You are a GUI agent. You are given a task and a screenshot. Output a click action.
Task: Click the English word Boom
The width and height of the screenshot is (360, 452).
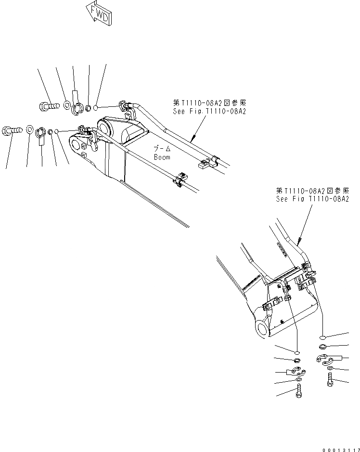tap(162, 157)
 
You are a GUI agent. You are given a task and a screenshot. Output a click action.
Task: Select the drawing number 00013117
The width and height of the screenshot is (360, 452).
tap(339, 448)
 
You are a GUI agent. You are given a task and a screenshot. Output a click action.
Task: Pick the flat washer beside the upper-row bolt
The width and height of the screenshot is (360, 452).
tap(67, 104)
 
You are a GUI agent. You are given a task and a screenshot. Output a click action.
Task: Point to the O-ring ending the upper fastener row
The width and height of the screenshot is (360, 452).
tap(97, 107)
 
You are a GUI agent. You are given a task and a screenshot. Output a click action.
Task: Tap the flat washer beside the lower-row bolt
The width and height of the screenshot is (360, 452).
tap(29, 129)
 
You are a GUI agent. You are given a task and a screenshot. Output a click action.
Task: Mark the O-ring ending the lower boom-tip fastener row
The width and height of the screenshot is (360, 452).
tap(57, 131)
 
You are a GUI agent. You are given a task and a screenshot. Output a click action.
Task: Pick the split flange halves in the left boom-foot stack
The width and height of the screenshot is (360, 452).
tap(296, 371)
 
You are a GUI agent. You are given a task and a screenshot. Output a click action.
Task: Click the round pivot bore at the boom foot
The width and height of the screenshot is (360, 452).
tap(264, 329)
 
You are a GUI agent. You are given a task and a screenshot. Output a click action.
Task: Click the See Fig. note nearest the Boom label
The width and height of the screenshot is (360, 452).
tap(209, 107)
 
